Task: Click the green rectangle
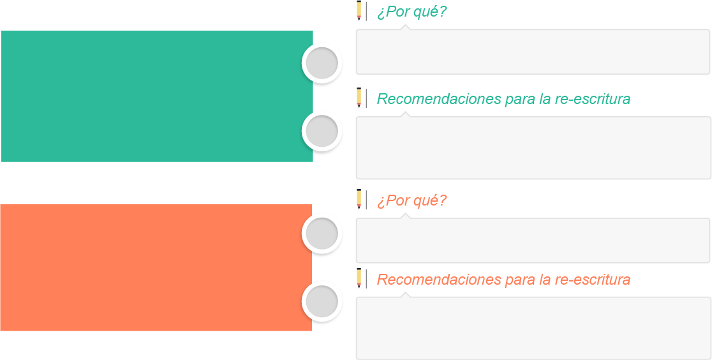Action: (x=157, y=96)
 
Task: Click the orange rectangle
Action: (x=156, y=267)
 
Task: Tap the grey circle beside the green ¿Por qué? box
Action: (x=322, y=64)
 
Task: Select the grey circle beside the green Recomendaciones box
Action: (x=322, y=131)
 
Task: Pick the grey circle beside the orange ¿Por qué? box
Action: (x=322, y=234)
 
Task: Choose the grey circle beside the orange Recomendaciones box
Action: (x=322, y=302)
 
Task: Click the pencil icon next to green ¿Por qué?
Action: (x=359, y=11)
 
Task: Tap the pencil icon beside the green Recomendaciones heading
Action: (x=359, y=98)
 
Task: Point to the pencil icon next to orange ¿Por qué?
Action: (x=359, y=199)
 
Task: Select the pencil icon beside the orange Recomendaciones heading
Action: (x=359, y=278)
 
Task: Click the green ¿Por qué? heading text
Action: (x=412, y=12)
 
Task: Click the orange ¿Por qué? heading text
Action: (x=412, y=200)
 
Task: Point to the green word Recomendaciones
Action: (x=437, y=99)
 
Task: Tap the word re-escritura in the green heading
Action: (x=593, y=99)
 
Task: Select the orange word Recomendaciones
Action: (x=437, y=280)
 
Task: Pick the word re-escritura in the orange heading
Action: (x=593, y=280)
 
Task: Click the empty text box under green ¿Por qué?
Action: (x=533, y=51)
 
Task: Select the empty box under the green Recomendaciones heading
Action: (x=533, y=147)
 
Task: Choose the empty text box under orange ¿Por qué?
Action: (x=533, y=240)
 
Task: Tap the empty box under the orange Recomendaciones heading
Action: (x=533, y=328)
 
